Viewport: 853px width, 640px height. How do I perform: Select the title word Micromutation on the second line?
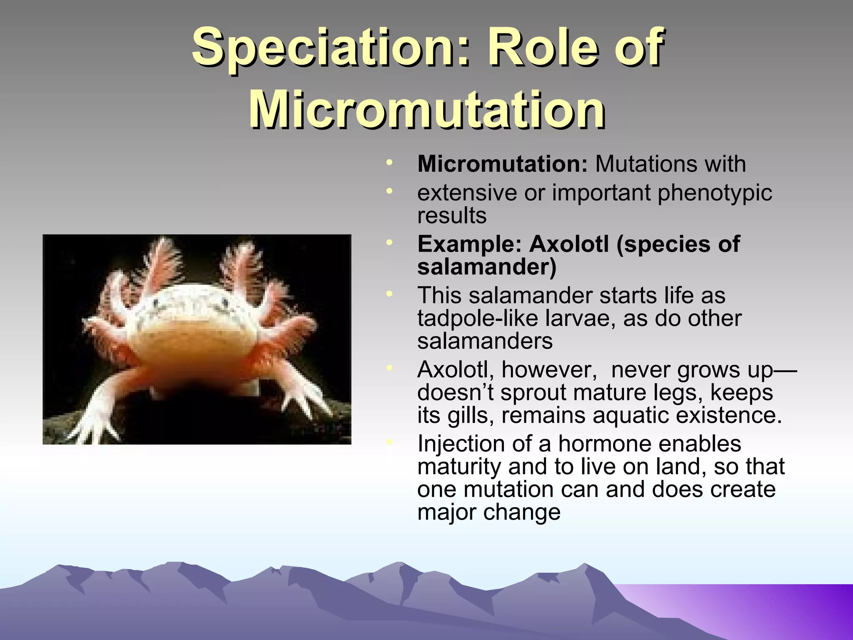[427, 109]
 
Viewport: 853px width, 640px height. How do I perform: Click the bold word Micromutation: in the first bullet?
[502, 164]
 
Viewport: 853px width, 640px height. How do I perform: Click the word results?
[452, 215]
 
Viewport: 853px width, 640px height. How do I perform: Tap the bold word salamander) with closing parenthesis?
[486, 267]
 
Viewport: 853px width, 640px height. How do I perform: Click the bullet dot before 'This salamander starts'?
[389, 295]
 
